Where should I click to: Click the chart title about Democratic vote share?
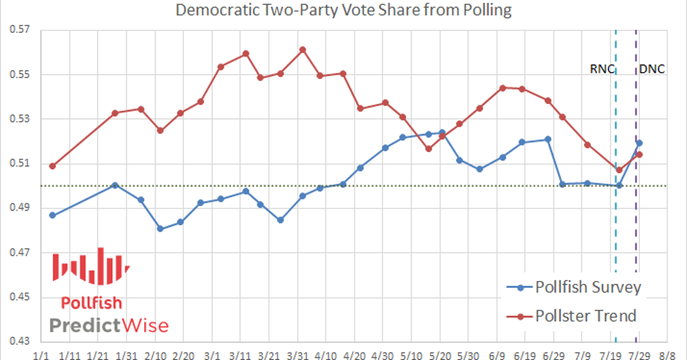(343, 10)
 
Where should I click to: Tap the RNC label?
(602, 69)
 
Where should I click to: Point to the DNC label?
(652, 69)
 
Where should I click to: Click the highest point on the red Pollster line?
(303, 49)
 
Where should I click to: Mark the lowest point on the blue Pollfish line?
(160, 229)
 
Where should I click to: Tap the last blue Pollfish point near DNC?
(639, 143)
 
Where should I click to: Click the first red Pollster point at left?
(53, 166)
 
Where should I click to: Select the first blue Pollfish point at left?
(53, 215)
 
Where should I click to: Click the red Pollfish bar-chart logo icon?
(91, 266)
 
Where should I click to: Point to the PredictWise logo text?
(109, 326)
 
